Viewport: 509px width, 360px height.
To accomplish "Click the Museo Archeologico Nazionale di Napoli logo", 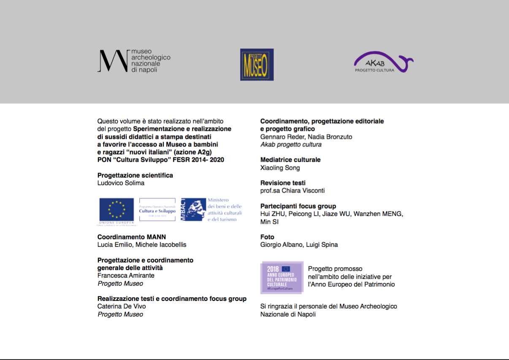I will tap(134, 61).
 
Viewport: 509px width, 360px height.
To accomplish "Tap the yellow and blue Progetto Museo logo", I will tap(257, 65).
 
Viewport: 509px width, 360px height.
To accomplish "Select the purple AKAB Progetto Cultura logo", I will tap(383, 62).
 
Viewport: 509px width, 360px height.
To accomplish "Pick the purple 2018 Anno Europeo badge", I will tap(282, 277).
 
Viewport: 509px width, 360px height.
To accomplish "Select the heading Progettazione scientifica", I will tap(135, 175).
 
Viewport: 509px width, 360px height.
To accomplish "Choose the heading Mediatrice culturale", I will tap(290, 160).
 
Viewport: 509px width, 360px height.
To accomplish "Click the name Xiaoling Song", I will tap(280, 168).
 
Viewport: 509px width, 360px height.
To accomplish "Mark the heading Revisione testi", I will tap(283, 183).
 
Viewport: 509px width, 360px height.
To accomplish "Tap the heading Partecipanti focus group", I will tap(298, 206).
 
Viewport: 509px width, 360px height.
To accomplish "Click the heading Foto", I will tap(267, 237).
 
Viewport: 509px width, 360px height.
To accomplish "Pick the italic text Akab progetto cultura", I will tap(291, 144).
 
